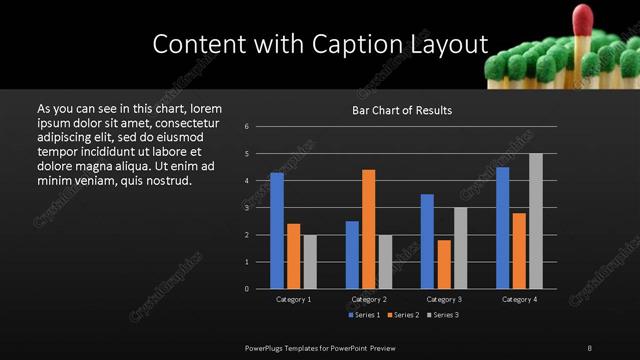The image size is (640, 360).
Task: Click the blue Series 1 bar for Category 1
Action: [277, 231]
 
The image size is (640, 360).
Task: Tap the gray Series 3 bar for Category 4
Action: [536, 221]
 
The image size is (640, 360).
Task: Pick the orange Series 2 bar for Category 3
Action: [444, 264]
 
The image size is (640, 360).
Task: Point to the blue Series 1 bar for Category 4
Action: [502, 228]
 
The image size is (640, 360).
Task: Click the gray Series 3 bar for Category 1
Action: [310, 262]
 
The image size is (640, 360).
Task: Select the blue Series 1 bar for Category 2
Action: [352, 255]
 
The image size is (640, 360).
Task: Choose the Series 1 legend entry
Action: [362, 315]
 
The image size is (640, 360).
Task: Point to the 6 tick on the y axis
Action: [246, 127]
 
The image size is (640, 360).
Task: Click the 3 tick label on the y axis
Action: [246, 208]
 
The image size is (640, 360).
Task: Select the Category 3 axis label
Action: [444, 299]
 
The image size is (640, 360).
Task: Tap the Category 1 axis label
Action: [294, 299]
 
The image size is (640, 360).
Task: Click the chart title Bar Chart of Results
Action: [402, 110]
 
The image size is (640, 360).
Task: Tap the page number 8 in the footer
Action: [590, 346]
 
